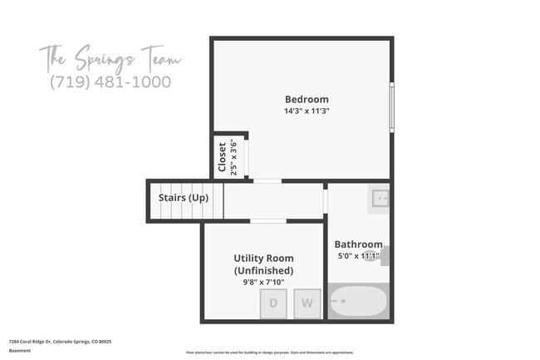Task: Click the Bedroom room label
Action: point(307,100)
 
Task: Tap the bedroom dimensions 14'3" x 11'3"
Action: point(307,111)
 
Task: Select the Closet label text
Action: point(222,156)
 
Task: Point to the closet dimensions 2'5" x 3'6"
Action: point(233,156)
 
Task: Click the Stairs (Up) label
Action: point(184,198)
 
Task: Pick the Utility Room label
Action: point(263,259)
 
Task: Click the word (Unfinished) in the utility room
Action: point(263,270)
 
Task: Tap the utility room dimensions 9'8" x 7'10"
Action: point(263,282)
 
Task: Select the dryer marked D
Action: point(273,303)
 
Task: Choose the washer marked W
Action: point(307,303)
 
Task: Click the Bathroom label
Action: point(358,244)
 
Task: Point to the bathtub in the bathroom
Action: point(358,301)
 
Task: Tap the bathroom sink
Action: point(380,199)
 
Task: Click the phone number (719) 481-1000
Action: point(110,81)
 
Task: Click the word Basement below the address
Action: point(20,350)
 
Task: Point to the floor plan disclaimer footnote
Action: point(269,352)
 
